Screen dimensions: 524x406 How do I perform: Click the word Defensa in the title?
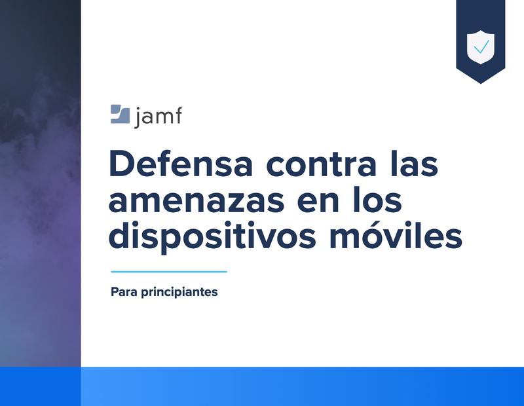click(x=181, y=163)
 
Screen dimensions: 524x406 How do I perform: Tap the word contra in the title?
click(x=322, y=164)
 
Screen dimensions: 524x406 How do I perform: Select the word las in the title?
click(x=415, y=163)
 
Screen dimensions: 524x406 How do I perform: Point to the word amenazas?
click(x=196, y=202)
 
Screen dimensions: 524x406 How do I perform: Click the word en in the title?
click(x=318, y=202)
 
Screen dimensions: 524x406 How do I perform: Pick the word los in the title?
click(x=378, y=200)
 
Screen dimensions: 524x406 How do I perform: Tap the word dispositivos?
click(x=212, y=236)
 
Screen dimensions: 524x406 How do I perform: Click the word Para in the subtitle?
click(x=124, y=291)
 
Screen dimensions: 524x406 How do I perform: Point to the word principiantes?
click(x=179, y=292)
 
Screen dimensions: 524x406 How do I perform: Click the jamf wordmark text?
click(x=158, y=117)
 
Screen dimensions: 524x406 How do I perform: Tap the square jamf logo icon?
click(x=120, y=114)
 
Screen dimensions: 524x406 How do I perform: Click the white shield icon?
click(x=481, y=47)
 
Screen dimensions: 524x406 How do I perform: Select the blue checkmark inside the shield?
click(x=481, y=46)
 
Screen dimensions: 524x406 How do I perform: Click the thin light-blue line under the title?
click(x=169, y=272)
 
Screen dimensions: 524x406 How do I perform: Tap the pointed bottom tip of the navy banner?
click(x=481, y=83)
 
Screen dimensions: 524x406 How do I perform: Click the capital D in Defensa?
click(x=122, y=164)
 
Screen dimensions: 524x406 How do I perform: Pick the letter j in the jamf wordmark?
click(x=138, y=118)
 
